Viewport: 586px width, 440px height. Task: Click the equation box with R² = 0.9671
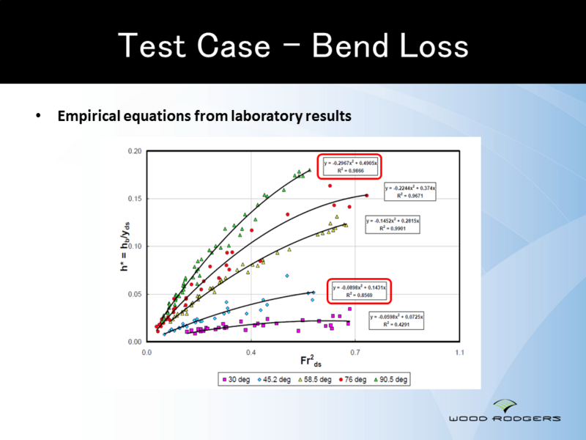coord(409,192)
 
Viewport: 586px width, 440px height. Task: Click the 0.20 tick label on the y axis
coord(134,151)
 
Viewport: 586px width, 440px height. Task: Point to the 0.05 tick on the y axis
coord(134,294)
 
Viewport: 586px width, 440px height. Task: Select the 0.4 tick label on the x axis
coord(251,353)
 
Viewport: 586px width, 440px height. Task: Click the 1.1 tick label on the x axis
coord(459,353)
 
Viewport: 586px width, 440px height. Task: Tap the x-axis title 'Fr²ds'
coord(311,361)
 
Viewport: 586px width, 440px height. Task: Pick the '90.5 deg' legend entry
coord(391,380)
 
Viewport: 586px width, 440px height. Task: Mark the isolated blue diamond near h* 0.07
coord(287,276)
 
